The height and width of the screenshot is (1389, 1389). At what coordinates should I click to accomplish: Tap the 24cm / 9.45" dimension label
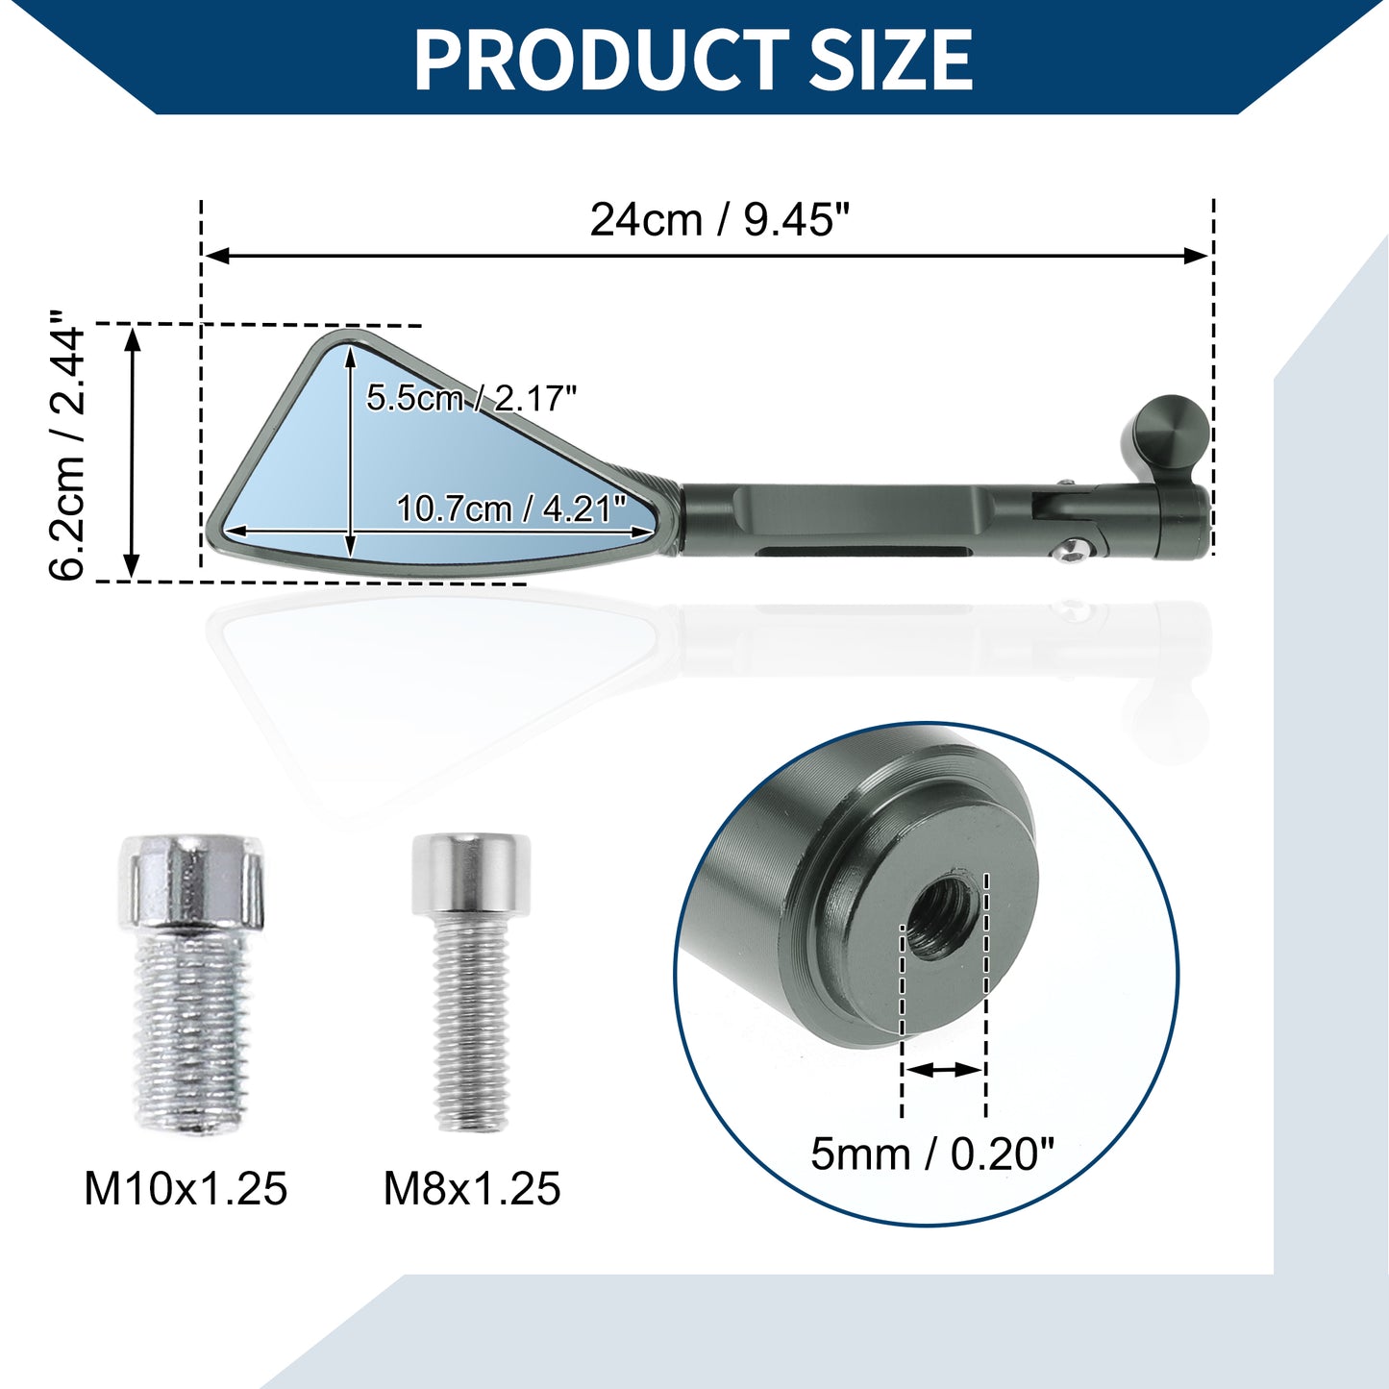[x=720, y=219]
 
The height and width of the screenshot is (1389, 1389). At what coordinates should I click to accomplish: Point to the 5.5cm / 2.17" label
[x=471, y=397]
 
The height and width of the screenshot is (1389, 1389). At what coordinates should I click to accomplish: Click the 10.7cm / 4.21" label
[x=511, y=508]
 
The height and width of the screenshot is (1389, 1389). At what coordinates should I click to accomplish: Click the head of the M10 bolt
[x=190, y=881]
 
